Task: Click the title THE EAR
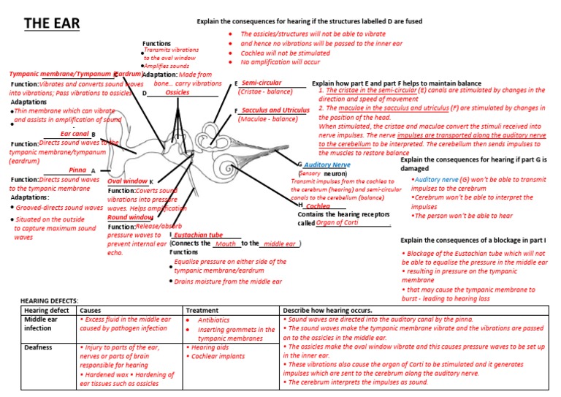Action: click(x=51, y=24)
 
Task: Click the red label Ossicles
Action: click(x=177, y=93)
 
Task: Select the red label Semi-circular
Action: click(x=262, y=83)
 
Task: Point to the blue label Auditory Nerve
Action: click(x=327, y=165)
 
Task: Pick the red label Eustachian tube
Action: click(x=198, y=235)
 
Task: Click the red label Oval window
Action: click(x=127, y=181)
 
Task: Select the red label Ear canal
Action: click(x=75, y=134)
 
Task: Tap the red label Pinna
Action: click(x=77, y=170)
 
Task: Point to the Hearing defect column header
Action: click(x=49, y=310)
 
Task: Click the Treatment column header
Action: click(x=202, y=310)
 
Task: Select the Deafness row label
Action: click(x=39, y=348)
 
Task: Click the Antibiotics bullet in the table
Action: click(x=213, y=320)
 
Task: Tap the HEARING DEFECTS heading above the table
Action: click(x=48, y=300)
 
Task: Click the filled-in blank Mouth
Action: click(x=226, y=244)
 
